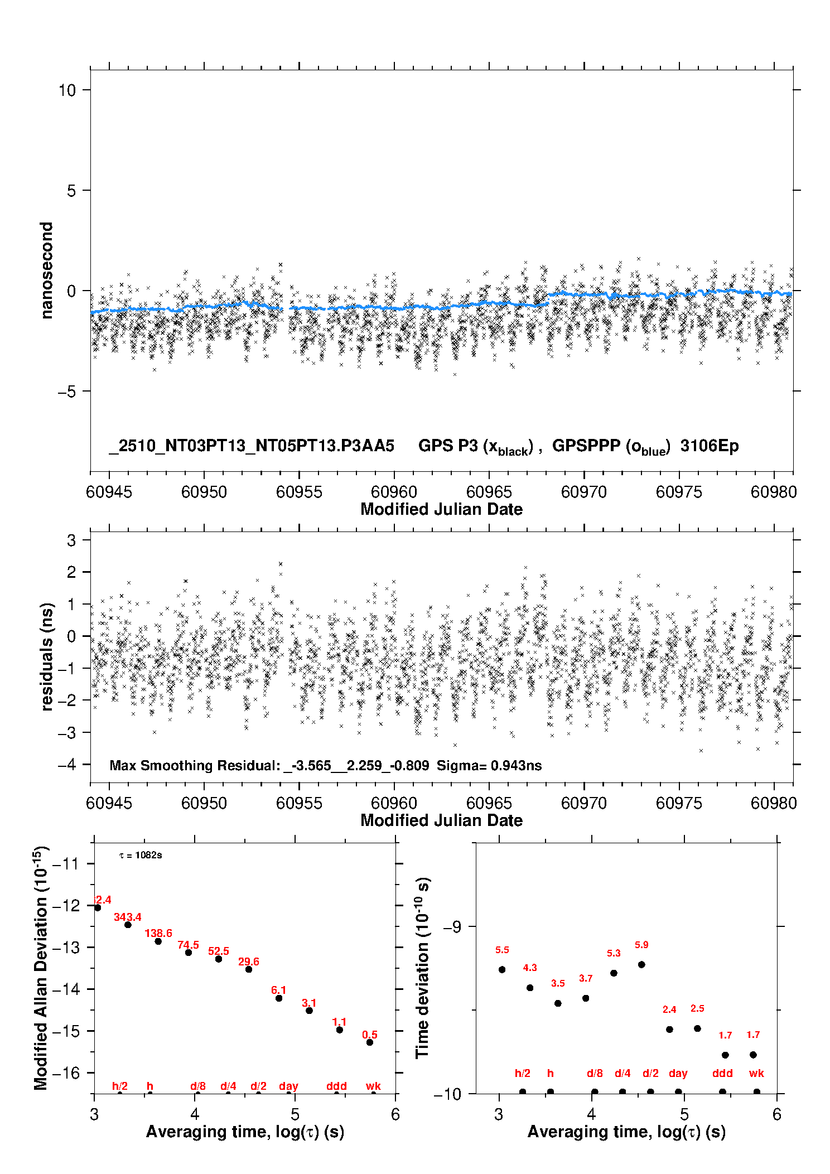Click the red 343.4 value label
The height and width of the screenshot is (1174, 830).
[x=127, y=917]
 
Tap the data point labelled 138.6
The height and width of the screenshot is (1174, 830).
[x=158, y=941]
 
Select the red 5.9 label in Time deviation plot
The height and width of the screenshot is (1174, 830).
[x=641, y=945]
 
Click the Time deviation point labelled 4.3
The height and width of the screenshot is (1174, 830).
[x=530, y=988]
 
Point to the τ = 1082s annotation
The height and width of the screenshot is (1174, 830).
[x=141, y=856]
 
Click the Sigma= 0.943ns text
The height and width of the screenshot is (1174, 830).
[x=489, y=766]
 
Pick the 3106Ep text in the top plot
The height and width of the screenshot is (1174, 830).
[x=709, y=446]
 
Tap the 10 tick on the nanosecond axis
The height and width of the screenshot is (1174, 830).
[x=67, y=90]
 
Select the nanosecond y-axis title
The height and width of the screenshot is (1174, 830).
[x=47, y=270]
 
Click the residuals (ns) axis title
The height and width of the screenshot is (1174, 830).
[x=47, y=656]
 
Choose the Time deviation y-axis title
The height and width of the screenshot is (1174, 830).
[x=422, y=968]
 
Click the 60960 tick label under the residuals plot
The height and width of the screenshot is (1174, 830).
[x=394, y=803]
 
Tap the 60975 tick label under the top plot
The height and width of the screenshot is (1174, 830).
[x=679, y=492]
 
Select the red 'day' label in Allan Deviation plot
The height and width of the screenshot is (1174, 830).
[x=288, y=1086]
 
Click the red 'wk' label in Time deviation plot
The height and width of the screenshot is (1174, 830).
[x=756, y=1073]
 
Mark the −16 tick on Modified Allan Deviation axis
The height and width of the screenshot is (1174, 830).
[x=66, y=1072]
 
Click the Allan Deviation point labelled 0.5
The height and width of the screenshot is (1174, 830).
[x=369, y=1042]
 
